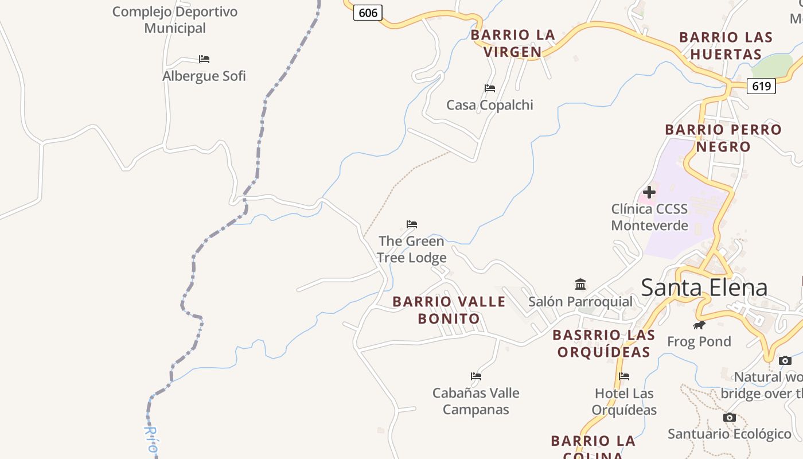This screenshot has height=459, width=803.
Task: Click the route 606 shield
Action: pyautogui.click(x=368, y=12)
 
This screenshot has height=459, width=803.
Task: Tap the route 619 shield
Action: pyautogui.click(x=761, y=86)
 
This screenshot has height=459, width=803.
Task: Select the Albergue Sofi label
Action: pyautogui.click(x=204, y=76)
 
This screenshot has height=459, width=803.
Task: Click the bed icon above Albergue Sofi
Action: pyautogui.click(x=204, y=59)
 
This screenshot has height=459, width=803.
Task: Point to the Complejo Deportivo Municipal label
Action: pyautogui.click(x=175, y=20)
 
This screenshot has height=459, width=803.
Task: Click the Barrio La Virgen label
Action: pyautogui.click(x=513, y=43)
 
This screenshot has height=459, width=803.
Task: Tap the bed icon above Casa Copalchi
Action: pyautogui.click(x=490, y=88)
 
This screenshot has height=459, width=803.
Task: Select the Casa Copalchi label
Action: pyautogui.click(x=490, y=105)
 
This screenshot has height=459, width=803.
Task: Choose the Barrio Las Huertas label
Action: pyautogui.click(x=726, y=46)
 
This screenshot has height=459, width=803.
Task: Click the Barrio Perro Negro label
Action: pyautogui.click(x=723, y=138)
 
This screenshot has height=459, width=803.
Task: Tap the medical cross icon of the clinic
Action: pyautogui.click(x=649, y=192)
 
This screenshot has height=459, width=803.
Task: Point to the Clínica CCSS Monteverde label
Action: pyautogui.click(x=649, y=217)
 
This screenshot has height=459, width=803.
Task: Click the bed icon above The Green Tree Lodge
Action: pyautogui.click(x=412, y=224)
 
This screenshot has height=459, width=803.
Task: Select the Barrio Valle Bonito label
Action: pyautogui.click(x=449, y=310)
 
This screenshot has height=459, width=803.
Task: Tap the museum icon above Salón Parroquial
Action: pyautogui.click(x=580, y=284)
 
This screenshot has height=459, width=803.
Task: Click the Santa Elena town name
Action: pyautogui.click(x=704, y=287)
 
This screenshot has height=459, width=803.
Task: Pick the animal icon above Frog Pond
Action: pyautogui.click(x=699, y=325)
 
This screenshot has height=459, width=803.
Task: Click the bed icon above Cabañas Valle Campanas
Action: pyautogui.click(x=476, y=376)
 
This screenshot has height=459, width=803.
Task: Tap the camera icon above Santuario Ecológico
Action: pyautogui.click(x=730, y=417)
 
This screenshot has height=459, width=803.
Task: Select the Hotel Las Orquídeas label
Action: pyautogui.click(x=624, y=402)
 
